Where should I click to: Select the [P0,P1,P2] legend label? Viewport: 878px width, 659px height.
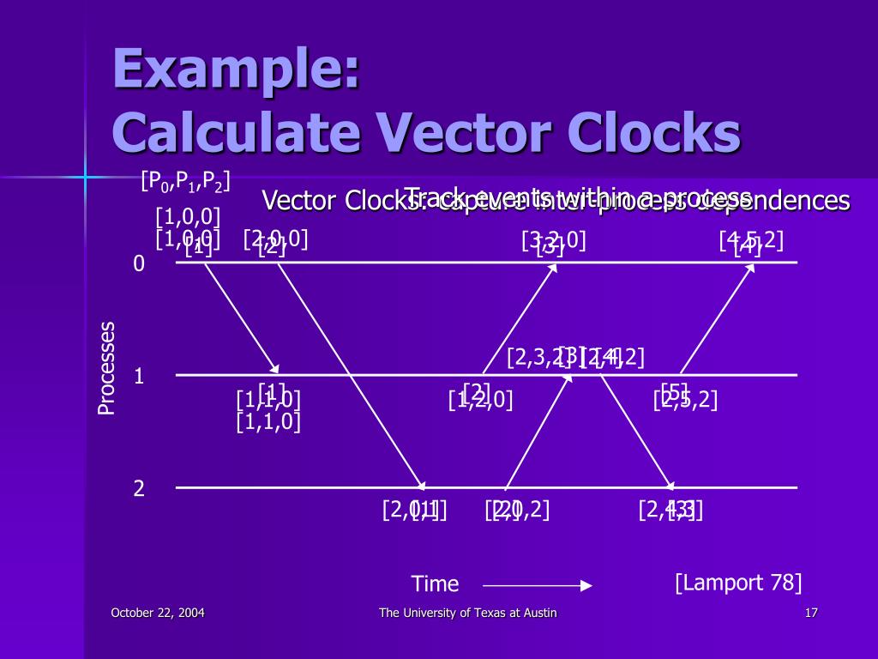[185, 182]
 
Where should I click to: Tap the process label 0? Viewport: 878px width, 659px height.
[139, 264]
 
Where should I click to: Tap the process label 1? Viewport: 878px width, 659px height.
[139, 377]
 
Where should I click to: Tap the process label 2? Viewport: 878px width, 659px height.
[139, 489]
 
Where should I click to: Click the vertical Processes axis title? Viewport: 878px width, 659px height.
[106, 368]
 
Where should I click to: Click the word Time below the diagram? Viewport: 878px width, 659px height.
[435, 585]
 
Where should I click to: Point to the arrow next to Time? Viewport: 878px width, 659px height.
[538, 586]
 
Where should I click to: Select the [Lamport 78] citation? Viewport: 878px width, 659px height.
[738, 583]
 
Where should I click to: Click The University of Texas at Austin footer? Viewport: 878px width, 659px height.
[468, 613]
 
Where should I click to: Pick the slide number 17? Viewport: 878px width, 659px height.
[812, 613]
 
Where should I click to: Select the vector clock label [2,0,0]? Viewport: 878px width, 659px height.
[275, 239]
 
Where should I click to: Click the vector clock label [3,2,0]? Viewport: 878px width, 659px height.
[553, 240]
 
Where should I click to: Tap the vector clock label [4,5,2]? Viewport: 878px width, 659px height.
[751, 240]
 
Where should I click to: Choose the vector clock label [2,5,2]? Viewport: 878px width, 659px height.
[685, 400]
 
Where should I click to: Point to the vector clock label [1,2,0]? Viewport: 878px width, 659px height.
[480, 400]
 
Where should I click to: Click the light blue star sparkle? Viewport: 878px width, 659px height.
[85, 177]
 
